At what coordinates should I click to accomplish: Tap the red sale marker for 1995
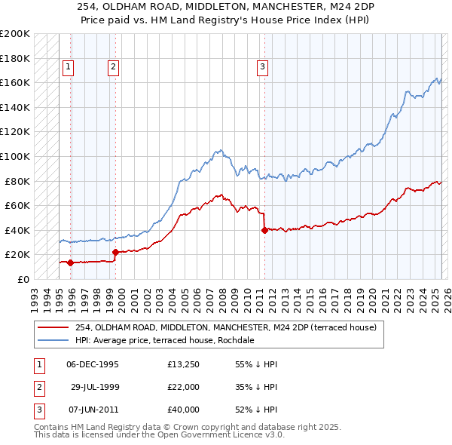pos(70,263)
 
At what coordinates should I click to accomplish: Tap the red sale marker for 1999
pos(115,253)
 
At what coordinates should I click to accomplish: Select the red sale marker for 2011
pos(264,230)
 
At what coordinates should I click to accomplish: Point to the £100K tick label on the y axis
pos(14,156)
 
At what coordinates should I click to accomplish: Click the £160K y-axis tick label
pos(14,82)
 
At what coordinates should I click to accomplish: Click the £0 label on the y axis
pos(23,279)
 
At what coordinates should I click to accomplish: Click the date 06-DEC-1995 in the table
pos(93,364)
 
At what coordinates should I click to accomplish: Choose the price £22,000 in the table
pos(184,387)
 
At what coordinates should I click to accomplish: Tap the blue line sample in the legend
pos(53,340)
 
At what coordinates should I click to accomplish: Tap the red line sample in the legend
pos(53,327)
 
